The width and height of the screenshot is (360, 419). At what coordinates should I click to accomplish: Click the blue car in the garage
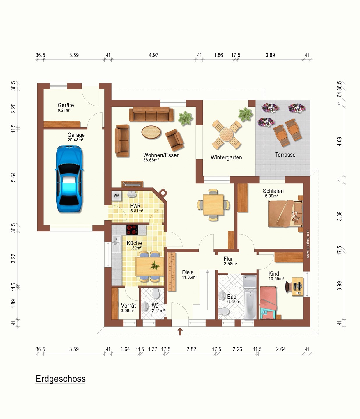(x=69, y=179)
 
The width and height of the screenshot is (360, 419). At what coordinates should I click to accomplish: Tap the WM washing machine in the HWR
(x=117, y=196)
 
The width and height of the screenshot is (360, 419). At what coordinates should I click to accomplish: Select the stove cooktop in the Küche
(x=132, y=230)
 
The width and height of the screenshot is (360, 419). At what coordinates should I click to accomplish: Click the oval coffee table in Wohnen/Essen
(x=151, y=132)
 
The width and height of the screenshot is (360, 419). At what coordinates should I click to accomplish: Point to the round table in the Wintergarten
(x=227, y=134)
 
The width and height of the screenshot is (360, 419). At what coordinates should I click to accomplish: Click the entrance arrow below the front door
(x=180, y=332)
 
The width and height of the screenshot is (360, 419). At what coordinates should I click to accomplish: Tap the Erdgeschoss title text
(x=61, y=379)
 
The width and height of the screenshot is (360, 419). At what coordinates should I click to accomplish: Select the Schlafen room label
(x=273, y=191)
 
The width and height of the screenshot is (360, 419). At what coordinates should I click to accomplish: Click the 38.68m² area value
(x=151, y=160)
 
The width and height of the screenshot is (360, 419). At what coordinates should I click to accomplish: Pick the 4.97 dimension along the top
(x=153, y=55)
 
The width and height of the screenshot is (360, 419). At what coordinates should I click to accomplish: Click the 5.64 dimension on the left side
(x=13, y=177)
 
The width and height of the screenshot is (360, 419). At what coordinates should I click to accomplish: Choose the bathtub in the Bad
(x=250, y=305)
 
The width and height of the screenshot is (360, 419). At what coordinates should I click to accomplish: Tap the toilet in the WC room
(x=156, y=294)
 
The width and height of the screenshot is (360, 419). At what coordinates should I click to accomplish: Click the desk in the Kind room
(x=298, y=287)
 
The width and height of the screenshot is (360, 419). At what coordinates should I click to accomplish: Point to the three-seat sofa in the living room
(x=151, y=114)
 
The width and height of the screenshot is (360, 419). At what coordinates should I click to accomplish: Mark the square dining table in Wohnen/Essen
(x=213, y=205)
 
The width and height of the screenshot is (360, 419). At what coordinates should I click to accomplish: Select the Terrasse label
(x=285, y=155)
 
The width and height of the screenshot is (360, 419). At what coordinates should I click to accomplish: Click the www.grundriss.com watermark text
(x=308, y=244)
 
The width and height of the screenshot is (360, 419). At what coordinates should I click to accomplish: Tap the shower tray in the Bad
(x=250, y=282)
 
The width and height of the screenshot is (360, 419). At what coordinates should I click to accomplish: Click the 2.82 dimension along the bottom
(x=191, y=349)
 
